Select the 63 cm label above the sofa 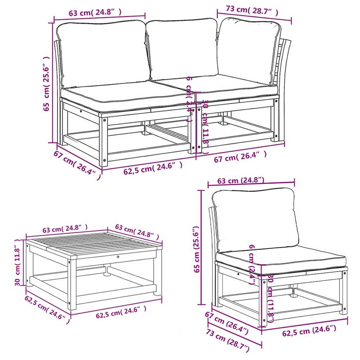[x=95, y=13]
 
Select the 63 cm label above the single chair [x=241, y=181]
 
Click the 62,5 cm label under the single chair [x=309, y=330]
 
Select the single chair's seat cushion [x=281, y=260]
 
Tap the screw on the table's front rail [x=118, y=258]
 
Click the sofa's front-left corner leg [x=103, y=141]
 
